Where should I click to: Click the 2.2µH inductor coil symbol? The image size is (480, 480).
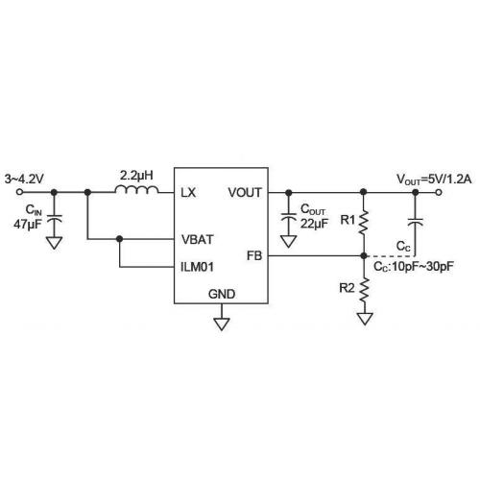(x=136, y=189)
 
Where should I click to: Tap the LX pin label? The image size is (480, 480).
(x=188, y=193)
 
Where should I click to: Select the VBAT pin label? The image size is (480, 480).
(x=198, y=239)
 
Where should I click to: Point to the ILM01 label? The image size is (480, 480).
(x=197, y=267)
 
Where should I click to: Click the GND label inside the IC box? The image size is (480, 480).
(x=222, y=294)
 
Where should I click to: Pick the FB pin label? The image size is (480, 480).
(x=254, y=255)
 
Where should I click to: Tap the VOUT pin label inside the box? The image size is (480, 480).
(x=245, y=193)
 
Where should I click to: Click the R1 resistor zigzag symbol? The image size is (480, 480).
(x=364, y=222)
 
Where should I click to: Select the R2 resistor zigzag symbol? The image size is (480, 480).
(x=364, y=290)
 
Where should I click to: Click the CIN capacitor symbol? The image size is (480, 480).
(x=54, y=220)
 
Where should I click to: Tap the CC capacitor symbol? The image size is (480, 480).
(x=416, y=222)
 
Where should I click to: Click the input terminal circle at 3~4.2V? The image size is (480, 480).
(x=19, y=192)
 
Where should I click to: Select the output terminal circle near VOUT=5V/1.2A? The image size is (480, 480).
(x=439, y=192)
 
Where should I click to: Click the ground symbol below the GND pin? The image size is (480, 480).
(x=222, y=324)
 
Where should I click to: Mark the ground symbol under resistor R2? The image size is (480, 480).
(x=365, y=319)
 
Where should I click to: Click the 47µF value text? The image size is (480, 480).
(x=28, y=225)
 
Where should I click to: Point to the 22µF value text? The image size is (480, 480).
(x=314, y=224)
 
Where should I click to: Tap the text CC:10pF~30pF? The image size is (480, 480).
(x=414, y=267)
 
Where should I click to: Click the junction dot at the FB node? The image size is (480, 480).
(x=364, y=255)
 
